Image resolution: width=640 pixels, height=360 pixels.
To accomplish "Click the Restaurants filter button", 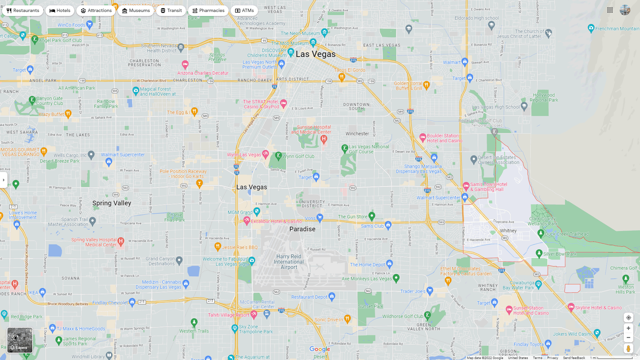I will [x=23, y=11].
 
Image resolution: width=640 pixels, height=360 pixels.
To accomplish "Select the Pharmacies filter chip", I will [x=208, y=11].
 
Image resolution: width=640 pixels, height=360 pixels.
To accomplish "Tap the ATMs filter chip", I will [x=244, y=11].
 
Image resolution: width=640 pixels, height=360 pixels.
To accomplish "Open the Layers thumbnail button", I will [x=20, y=340].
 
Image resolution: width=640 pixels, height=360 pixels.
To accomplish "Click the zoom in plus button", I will [x=628, y=328].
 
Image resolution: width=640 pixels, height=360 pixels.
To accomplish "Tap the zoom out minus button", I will [x=628, y=338].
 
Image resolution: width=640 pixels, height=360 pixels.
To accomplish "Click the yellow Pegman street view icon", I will [x=628, y=349].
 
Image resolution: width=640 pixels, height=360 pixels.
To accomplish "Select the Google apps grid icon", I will [x=610, y=10].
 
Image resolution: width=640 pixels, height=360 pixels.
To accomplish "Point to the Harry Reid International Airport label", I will [x=289, y=262].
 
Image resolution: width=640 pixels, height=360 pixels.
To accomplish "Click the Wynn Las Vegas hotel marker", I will [x=265, y=154].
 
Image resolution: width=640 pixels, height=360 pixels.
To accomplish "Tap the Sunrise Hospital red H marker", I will [x=324, y=139].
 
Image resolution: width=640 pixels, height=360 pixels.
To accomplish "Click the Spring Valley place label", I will [x=112, y=203].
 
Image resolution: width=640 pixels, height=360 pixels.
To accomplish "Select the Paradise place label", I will [x=302, y=229].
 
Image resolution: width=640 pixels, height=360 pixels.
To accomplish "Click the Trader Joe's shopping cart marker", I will [x=430, y=290].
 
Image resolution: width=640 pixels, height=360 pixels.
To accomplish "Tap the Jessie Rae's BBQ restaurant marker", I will [x=218, y=246].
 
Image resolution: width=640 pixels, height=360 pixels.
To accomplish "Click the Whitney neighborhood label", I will [x=508, y=231].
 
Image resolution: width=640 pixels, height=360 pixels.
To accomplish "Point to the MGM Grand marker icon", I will [x=257, y=211].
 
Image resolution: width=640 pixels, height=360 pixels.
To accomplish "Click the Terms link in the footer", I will [x=537, y=358].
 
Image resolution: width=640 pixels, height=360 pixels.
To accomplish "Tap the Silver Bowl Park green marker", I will [x=539, y=253].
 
